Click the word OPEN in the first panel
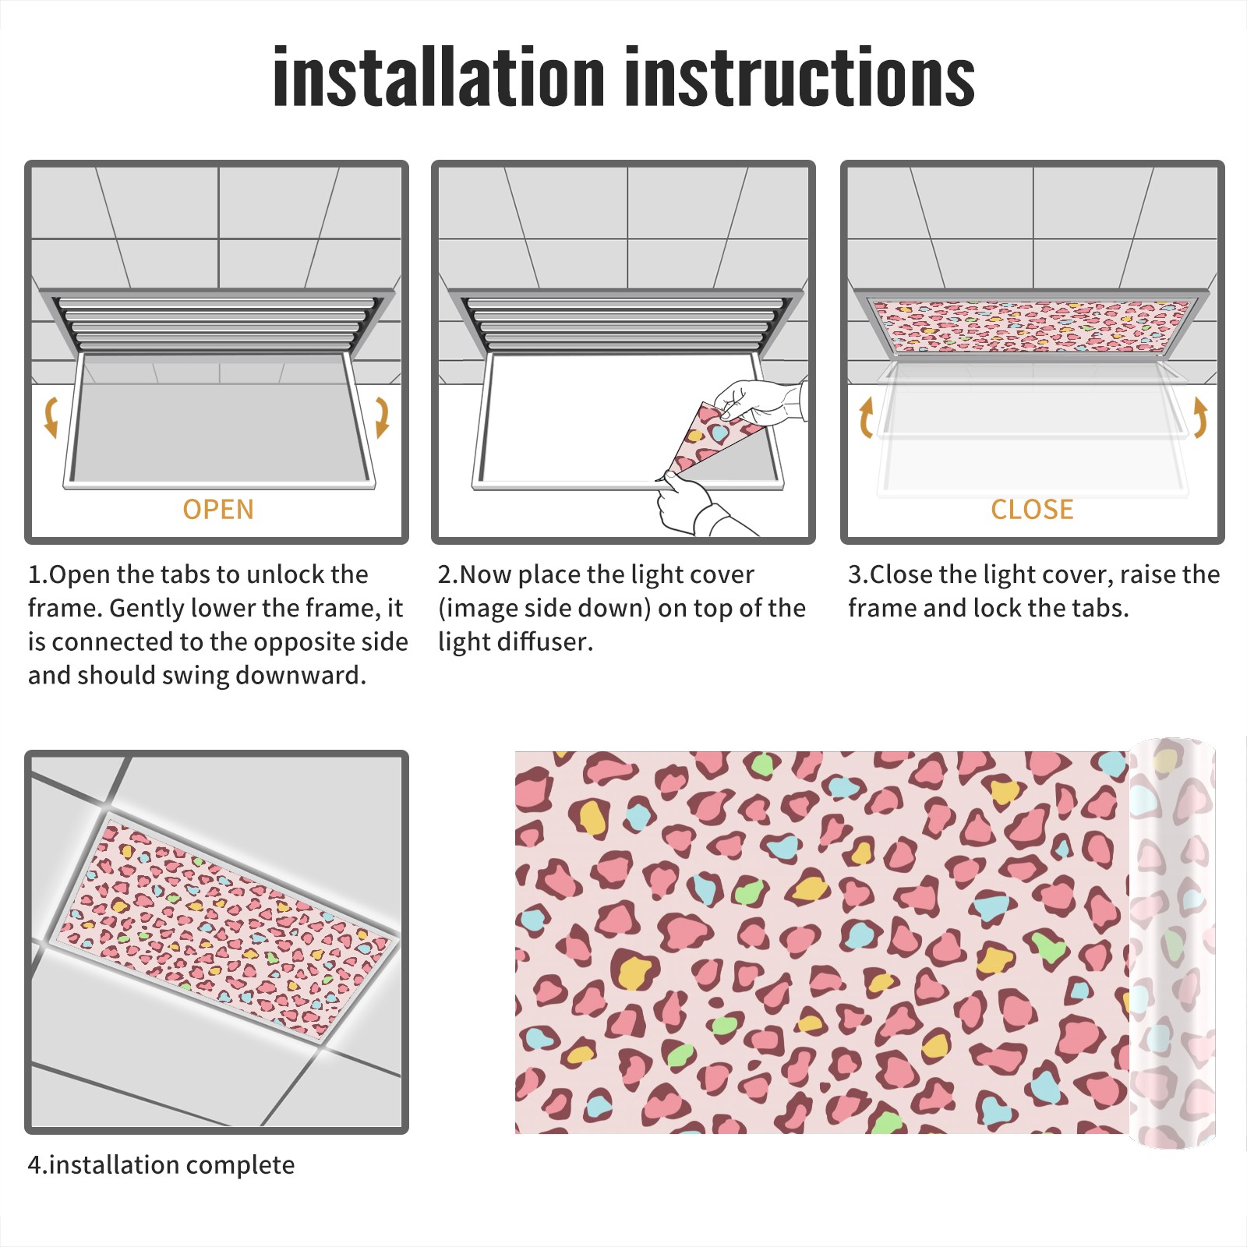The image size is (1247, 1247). (x=218, y=510)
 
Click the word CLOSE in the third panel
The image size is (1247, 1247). (x=1032, y=510)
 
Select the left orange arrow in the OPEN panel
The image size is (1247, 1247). (x=51, y=417)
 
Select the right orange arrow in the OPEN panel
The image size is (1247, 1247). (x=382, y=417)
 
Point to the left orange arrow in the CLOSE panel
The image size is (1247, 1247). (x=866, y=417)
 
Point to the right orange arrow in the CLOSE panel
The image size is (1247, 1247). (x=1200, y=417)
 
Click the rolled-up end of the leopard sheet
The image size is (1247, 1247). (x=1172, y=943)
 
